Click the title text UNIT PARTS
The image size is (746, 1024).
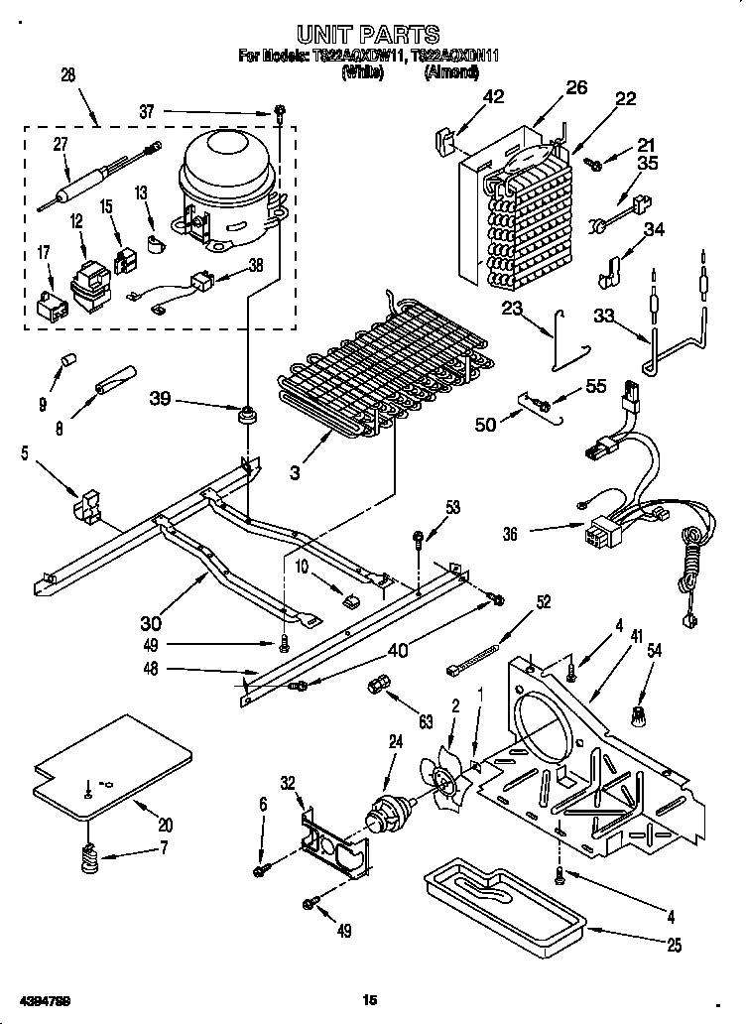tap(369, 37)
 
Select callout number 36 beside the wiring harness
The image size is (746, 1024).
tap(510, 534)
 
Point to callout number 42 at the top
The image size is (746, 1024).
tap(493, 96)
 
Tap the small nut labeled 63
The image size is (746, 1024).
tap(377, 685)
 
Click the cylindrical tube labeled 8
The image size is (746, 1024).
tap(115, 379)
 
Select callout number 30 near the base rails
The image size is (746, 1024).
tap(151, 623)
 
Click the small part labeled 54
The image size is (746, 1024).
tap(639, 711)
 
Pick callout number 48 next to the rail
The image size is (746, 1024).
tap(151, 670)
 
